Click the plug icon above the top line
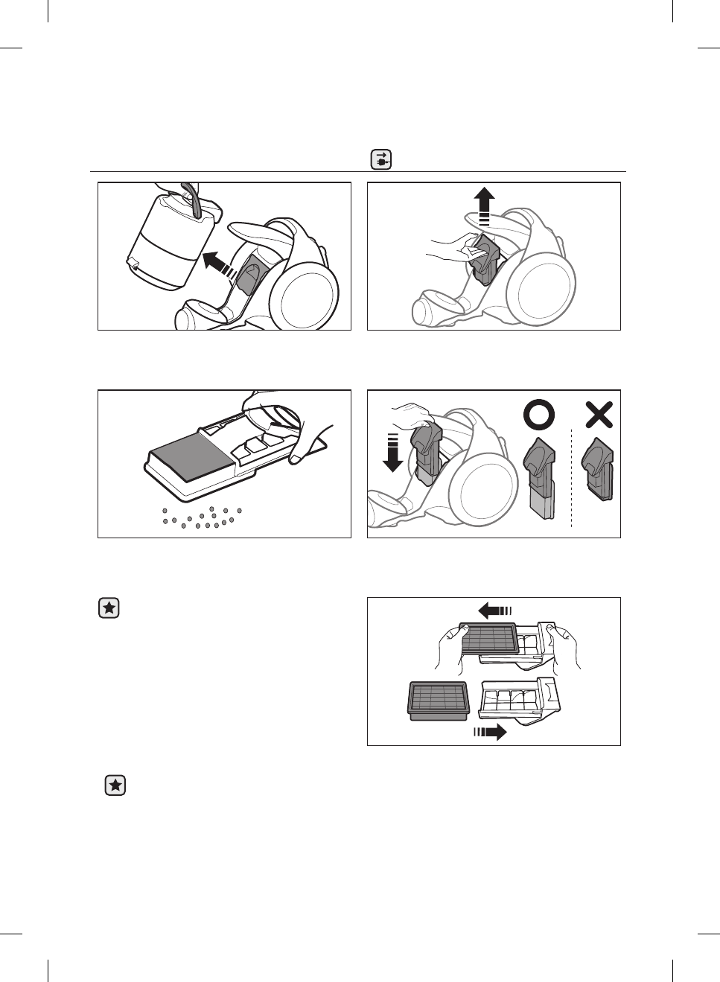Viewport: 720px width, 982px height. tap(381, 160)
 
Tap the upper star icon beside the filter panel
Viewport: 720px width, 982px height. tap(109, 608)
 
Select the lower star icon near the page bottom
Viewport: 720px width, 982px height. tap(115, 785)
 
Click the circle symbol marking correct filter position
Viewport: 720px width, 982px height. tap(539, 415)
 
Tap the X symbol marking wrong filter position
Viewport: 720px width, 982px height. tap(599, 415)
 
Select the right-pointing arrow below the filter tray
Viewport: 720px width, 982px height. tap(490, 733)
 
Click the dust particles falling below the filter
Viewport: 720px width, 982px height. tap(202, 517)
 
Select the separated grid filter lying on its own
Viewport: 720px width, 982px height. tap(439, 701)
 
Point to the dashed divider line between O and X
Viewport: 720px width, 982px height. tap(571, 476)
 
